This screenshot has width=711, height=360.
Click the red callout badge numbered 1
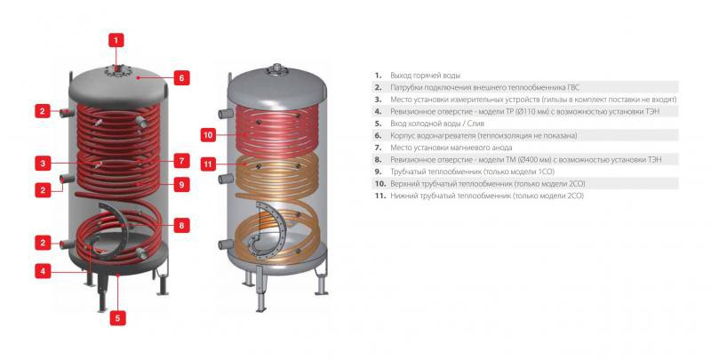click(x=116, y=39)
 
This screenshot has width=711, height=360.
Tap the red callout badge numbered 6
click(x=180, y=77)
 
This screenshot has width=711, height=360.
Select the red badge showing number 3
click(x=42, y=163)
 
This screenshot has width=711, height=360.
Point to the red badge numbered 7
click(x=180, y=161)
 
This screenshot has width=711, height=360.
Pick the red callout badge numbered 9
click(x=180, y=185)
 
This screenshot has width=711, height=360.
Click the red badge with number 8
click(x=180, y=225)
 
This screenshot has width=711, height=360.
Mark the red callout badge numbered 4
click(x=42, y=270)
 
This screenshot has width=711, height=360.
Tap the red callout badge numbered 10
click(x=207, y=135)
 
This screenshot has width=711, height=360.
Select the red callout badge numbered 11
click(x=207, y=164)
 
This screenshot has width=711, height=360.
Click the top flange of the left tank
click(x=116, y=68)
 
